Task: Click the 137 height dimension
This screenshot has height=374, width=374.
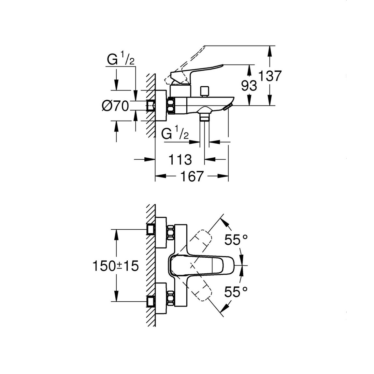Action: point(269,76)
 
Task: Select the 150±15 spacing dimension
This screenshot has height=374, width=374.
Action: point(116,266)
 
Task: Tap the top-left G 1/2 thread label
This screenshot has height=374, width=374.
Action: point(121,61)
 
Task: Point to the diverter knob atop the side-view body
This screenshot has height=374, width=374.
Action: point(205,91)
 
